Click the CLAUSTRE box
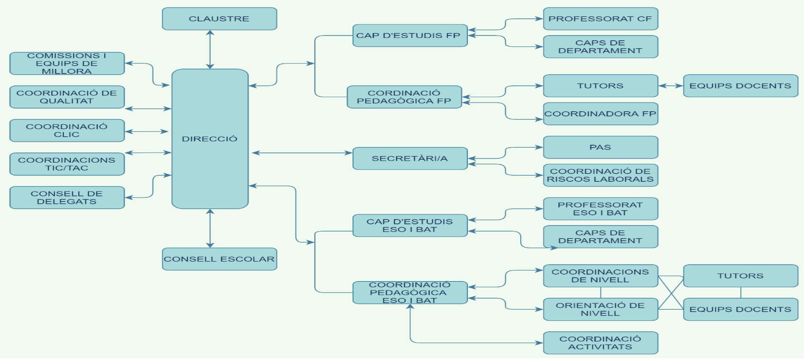tap(219, 19)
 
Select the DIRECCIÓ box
tap(210, 139)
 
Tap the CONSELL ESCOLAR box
tap(219, 259)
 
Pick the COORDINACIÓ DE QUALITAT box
tap(67, 97)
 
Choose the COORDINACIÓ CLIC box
tap(67, 131)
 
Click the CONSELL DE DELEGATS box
tap(67, 197)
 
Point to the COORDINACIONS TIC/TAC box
tap(67, 164)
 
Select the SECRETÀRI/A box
tap(410, 159)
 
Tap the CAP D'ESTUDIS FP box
tap(410, 36)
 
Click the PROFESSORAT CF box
tap(600, 19)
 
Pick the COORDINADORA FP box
tap(600, 114)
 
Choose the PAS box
tap(600, 147)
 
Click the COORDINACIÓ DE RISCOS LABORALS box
tap(600, 175)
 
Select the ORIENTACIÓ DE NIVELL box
tap(600, 309)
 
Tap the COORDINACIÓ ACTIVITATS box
tap(600, 343)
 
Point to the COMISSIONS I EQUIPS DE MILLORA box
tap(67, 63)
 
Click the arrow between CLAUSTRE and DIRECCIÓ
tap(210, 49)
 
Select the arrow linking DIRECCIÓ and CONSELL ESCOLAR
tap(210, 228)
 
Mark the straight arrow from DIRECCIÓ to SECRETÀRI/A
tap(302, 153)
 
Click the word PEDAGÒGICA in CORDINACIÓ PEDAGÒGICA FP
tap(404, 101)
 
